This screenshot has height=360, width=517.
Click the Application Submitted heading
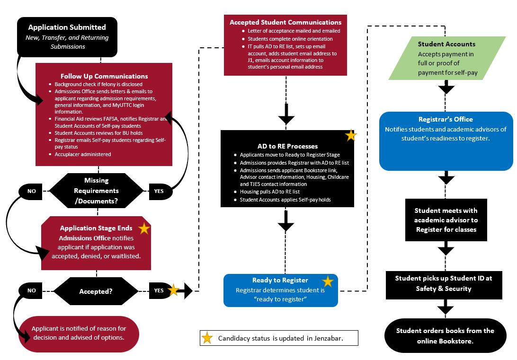pos(67,27)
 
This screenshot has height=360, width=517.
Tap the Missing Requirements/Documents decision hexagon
pos(96,191)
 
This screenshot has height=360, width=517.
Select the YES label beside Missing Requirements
pos(159,191)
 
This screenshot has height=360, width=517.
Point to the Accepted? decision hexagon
pos(96,291)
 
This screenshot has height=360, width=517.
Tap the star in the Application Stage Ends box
pos(144,228)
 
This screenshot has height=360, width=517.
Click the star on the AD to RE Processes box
pos(351,135)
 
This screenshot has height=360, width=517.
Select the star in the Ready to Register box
pos(328,281)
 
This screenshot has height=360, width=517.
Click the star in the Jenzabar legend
pos(207,338)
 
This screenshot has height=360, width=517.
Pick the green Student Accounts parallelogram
pos(447,58)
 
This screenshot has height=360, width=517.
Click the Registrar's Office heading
pos(446,119)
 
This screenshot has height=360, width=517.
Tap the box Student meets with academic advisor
pos(446,220)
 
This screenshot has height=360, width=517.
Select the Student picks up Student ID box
pos(444,285)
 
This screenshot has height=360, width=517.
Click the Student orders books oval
pos(445,335)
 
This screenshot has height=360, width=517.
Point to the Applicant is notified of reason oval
pos(79,334)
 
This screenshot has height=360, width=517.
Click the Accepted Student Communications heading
pos(285,22)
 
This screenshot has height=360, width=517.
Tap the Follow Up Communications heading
pos(104,76)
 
